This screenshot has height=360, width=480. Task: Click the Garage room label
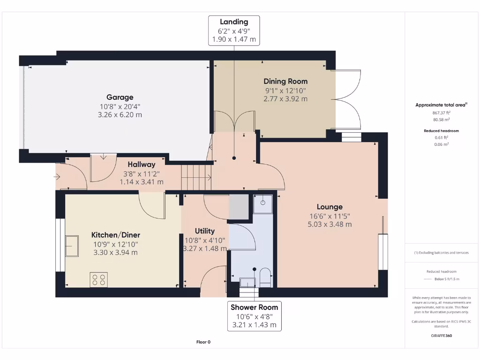tap(120, 97)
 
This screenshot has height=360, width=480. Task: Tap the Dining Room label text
tap(285, 82)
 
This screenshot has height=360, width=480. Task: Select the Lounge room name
tap(330, 207)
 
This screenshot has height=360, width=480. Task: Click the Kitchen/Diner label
tap(115, 235)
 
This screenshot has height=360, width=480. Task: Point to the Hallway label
tap(141, 165)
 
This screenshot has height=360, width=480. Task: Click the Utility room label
tap(205, 231)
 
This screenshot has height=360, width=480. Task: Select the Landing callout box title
tap(234, 22)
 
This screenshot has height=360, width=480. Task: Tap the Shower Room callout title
tap(254, 307)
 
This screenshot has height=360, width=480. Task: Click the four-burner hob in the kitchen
tap(98, 279)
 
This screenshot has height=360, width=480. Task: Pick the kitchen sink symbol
tap(72, 246)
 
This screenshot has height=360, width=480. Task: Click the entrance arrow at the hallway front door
tap(57, 177)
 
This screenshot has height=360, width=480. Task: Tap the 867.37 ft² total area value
tap(441, 112)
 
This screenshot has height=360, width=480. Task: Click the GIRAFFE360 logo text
tap(441, 336)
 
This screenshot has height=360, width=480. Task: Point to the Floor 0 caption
tap(203, 342)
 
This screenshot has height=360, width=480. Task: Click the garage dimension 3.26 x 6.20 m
tap(120, 115)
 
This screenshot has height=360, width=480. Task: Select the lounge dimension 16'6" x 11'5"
tap(330, 216)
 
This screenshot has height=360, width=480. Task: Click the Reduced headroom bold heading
tap(441, 131)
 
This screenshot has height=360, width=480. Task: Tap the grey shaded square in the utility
tap(239, 207)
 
